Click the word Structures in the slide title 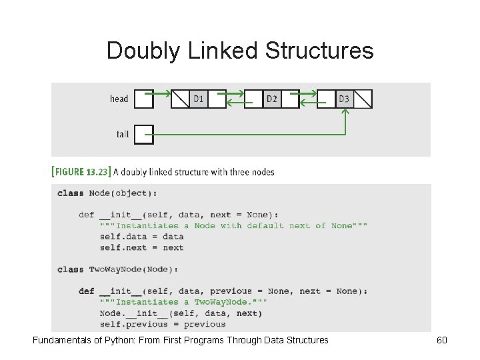coord(319,51)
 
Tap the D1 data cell coord(199,99)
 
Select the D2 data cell coord(272,99)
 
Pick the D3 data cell coord(344,99)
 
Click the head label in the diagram coord(119,99)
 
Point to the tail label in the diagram coord(123,134)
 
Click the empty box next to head coord(144,99)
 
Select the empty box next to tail coord(144,135)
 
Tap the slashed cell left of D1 coord(181,99)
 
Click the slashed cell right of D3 coord(363,99)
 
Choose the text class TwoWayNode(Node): coord(118,269)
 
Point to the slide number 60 coord(441,340)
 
